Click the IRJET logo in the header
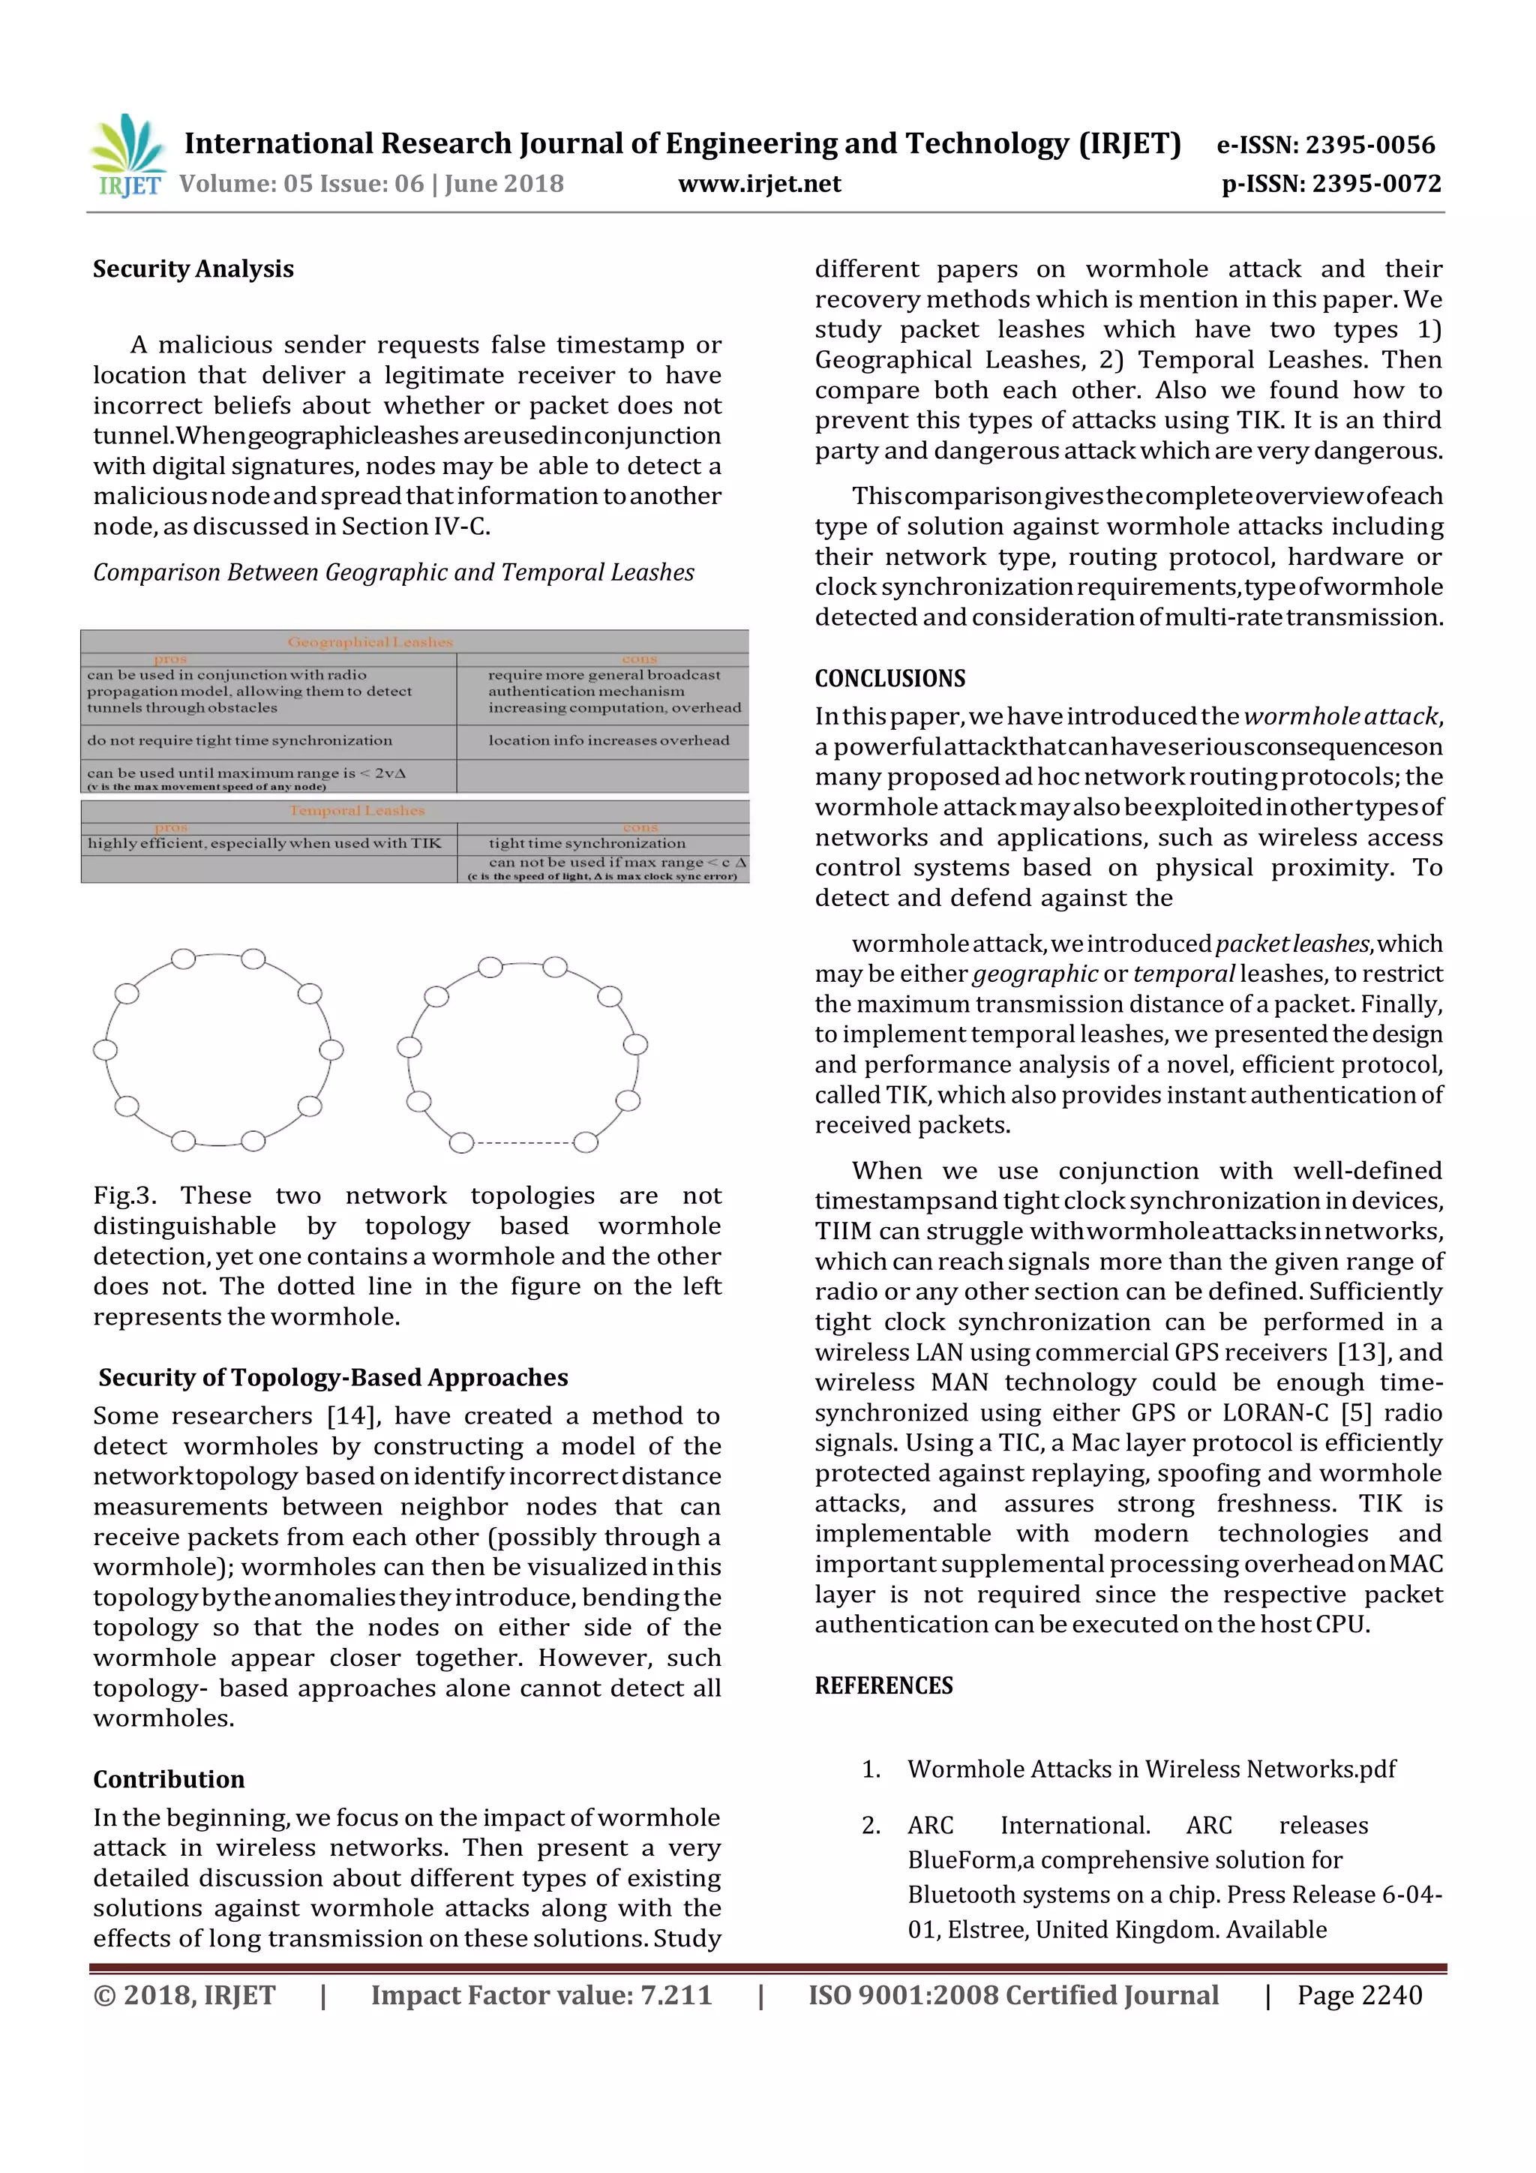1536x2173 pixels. coord(127,156)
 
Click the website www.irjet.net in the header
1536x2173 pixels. coord(759,184)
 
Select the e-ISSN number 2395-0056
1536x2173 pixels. coord(1369,145)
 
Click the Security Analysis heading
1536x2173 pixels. coord(193,269)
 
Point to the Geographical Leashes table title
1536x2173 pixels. coord(370,641)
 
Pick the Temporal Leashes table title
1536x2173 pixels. coord(357,810)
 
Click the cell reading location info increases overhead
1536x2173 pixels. coord(608,740)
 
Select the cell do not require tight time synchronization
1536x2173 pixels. coord(239,740)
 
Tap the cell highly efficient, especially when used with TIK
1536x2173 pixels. coord(264,842)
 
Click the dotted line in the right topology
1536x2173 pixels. coord(523,1143)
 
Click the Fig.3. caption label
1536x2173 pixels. coord(124,1196)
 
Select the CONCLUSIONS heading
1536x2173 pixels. coord(889,679)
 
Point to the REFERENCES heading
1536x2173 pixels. coord(883,1685)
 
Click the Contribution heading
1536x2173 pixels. coord(169,1779)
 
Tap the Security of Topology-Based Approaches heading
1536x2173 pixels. coord(333,1377)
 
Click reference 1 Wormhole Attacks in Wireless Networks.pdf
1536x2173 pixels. coord(1150,1769)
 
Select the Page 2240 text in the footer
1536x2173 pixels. coord(1359,1995)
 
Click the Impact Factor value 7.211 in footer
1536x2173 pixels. coord(541,1995)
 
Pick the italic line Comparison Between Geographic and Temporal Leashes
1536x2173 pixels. coord(393,572)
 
